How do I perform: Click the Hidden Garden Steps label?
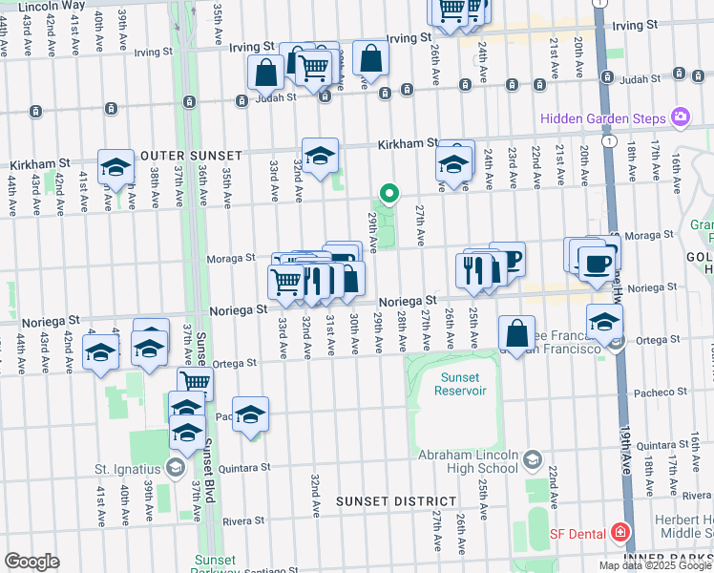pyautogui.click(x=603, y=118)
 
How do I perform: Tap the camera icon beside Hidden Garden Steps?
pyautogui.click(x=681, y=117)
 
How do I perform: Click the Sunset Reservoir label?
pyautogui.click(x=460, y=384)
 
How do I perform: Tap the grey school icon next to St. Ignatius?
pyautogui.click(x=175, y=467)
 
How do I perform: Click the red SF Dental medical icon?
pyautogui.click(x=619, y=531)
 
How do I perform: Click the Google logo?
pyautogui.click(x=31, y=562)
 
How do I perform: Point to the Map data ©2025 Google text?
pyautogui.click(x=654, y=565)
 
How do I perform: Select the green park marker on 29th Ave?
pyautogui.click(x=388, y=193)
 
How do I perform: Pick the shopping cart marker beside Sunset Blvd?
pyautogui.click(x=195, y=382)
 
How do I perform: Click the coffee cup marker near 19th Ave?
pyautogui.click(x=598, y=264)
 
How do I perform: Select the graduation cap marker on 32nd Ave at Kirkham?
pyautogui.click(x=320, y=154)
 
